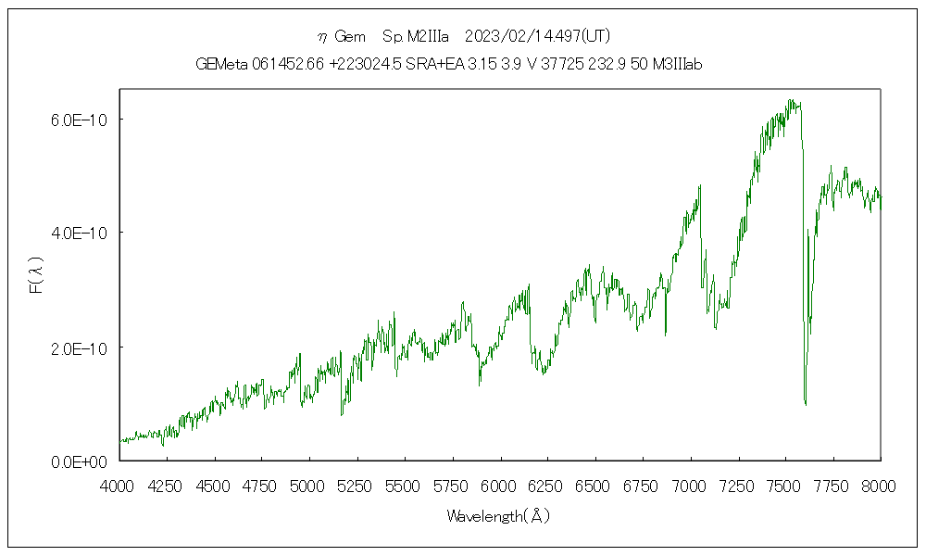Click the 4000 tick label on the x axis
coord(119,485)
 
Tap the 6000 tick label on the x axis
coord(499,485)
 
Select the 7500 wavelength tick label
coord(784,485)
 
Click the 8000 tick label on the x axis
coord(879,485)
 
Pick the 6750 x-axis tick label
coord(642,485)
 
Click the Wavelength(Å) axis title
coord(498,516)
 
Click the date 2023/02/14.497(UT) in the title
coord(537,36)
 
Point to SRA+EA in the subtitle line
coord(432,64)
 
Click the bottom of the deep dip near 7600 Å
coord(806,404)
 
